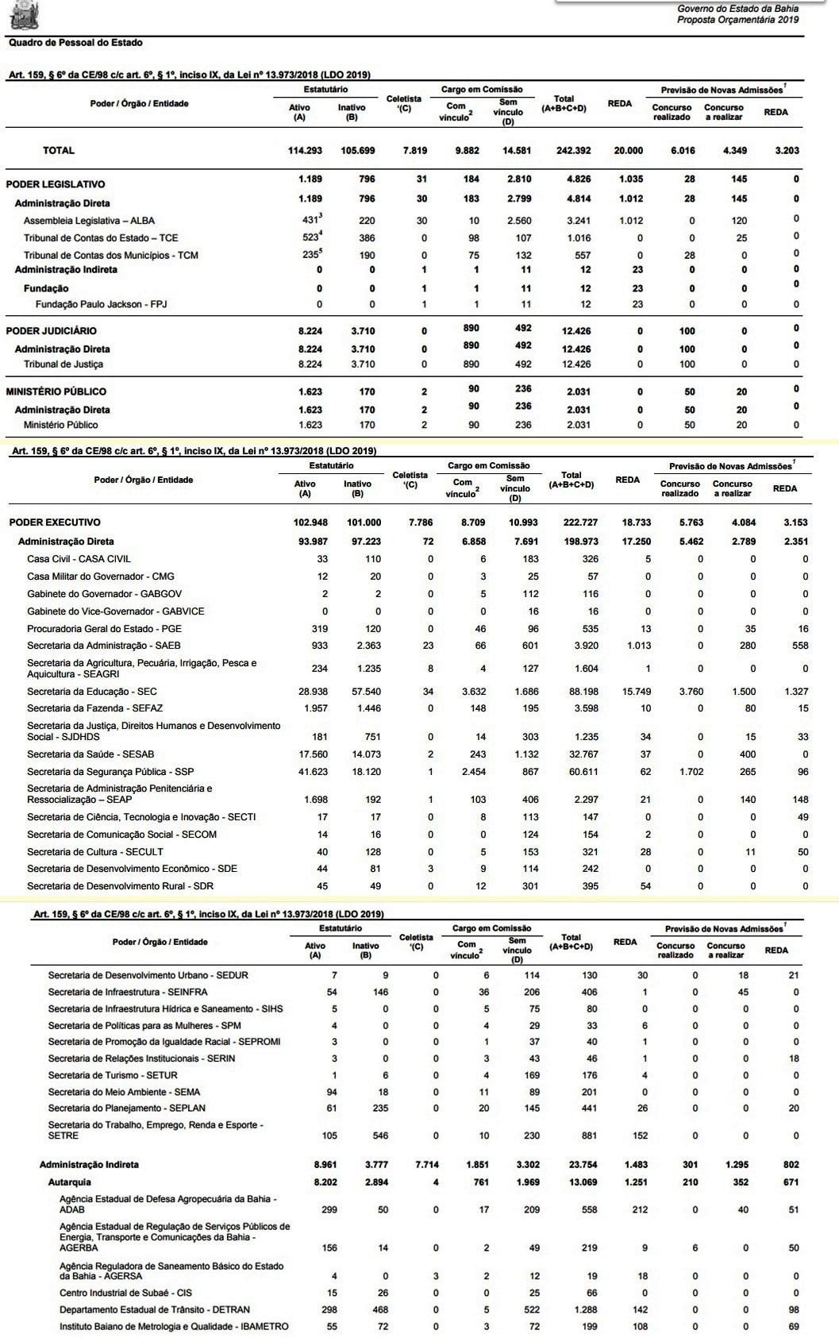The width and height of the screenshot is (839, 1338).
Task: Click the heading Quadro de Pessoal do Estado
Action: (x=75, y=43)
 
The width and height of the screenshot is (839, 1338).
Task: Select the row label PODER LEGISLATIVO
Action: (x=56, y=184)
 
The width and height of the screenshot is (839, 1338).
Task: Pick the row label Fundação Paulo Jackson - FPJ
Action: (x=101, y=304)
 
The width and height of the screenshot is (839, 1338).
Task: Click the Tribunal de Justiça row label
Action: (x=64, y=364)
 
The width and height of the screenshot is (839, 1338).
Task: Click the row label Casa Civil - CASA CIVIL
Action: (x=79, y=559)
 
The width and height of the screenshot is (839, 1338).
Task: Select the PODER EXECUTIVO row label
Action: (x=55, y=522)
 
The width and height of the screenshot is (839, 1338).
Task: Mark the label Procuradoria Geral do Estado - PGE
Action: (x=104, y=628)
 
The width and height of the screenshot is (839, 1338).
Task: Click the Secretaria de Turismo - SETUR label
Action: (x=113, y=1075)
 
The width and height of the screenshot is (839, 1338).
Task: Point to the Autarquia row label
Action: (x=70, y=1182)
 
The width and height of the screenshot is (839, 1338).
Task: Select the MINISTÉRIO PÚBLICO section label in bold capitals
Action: (x=56, y=391)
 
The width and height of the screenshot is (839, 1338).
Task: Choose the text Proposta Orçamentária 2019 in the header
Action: (x=737, y=20)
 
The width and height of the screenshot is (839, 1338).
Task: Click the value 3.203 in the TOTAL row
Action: (x=787, y=150)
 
